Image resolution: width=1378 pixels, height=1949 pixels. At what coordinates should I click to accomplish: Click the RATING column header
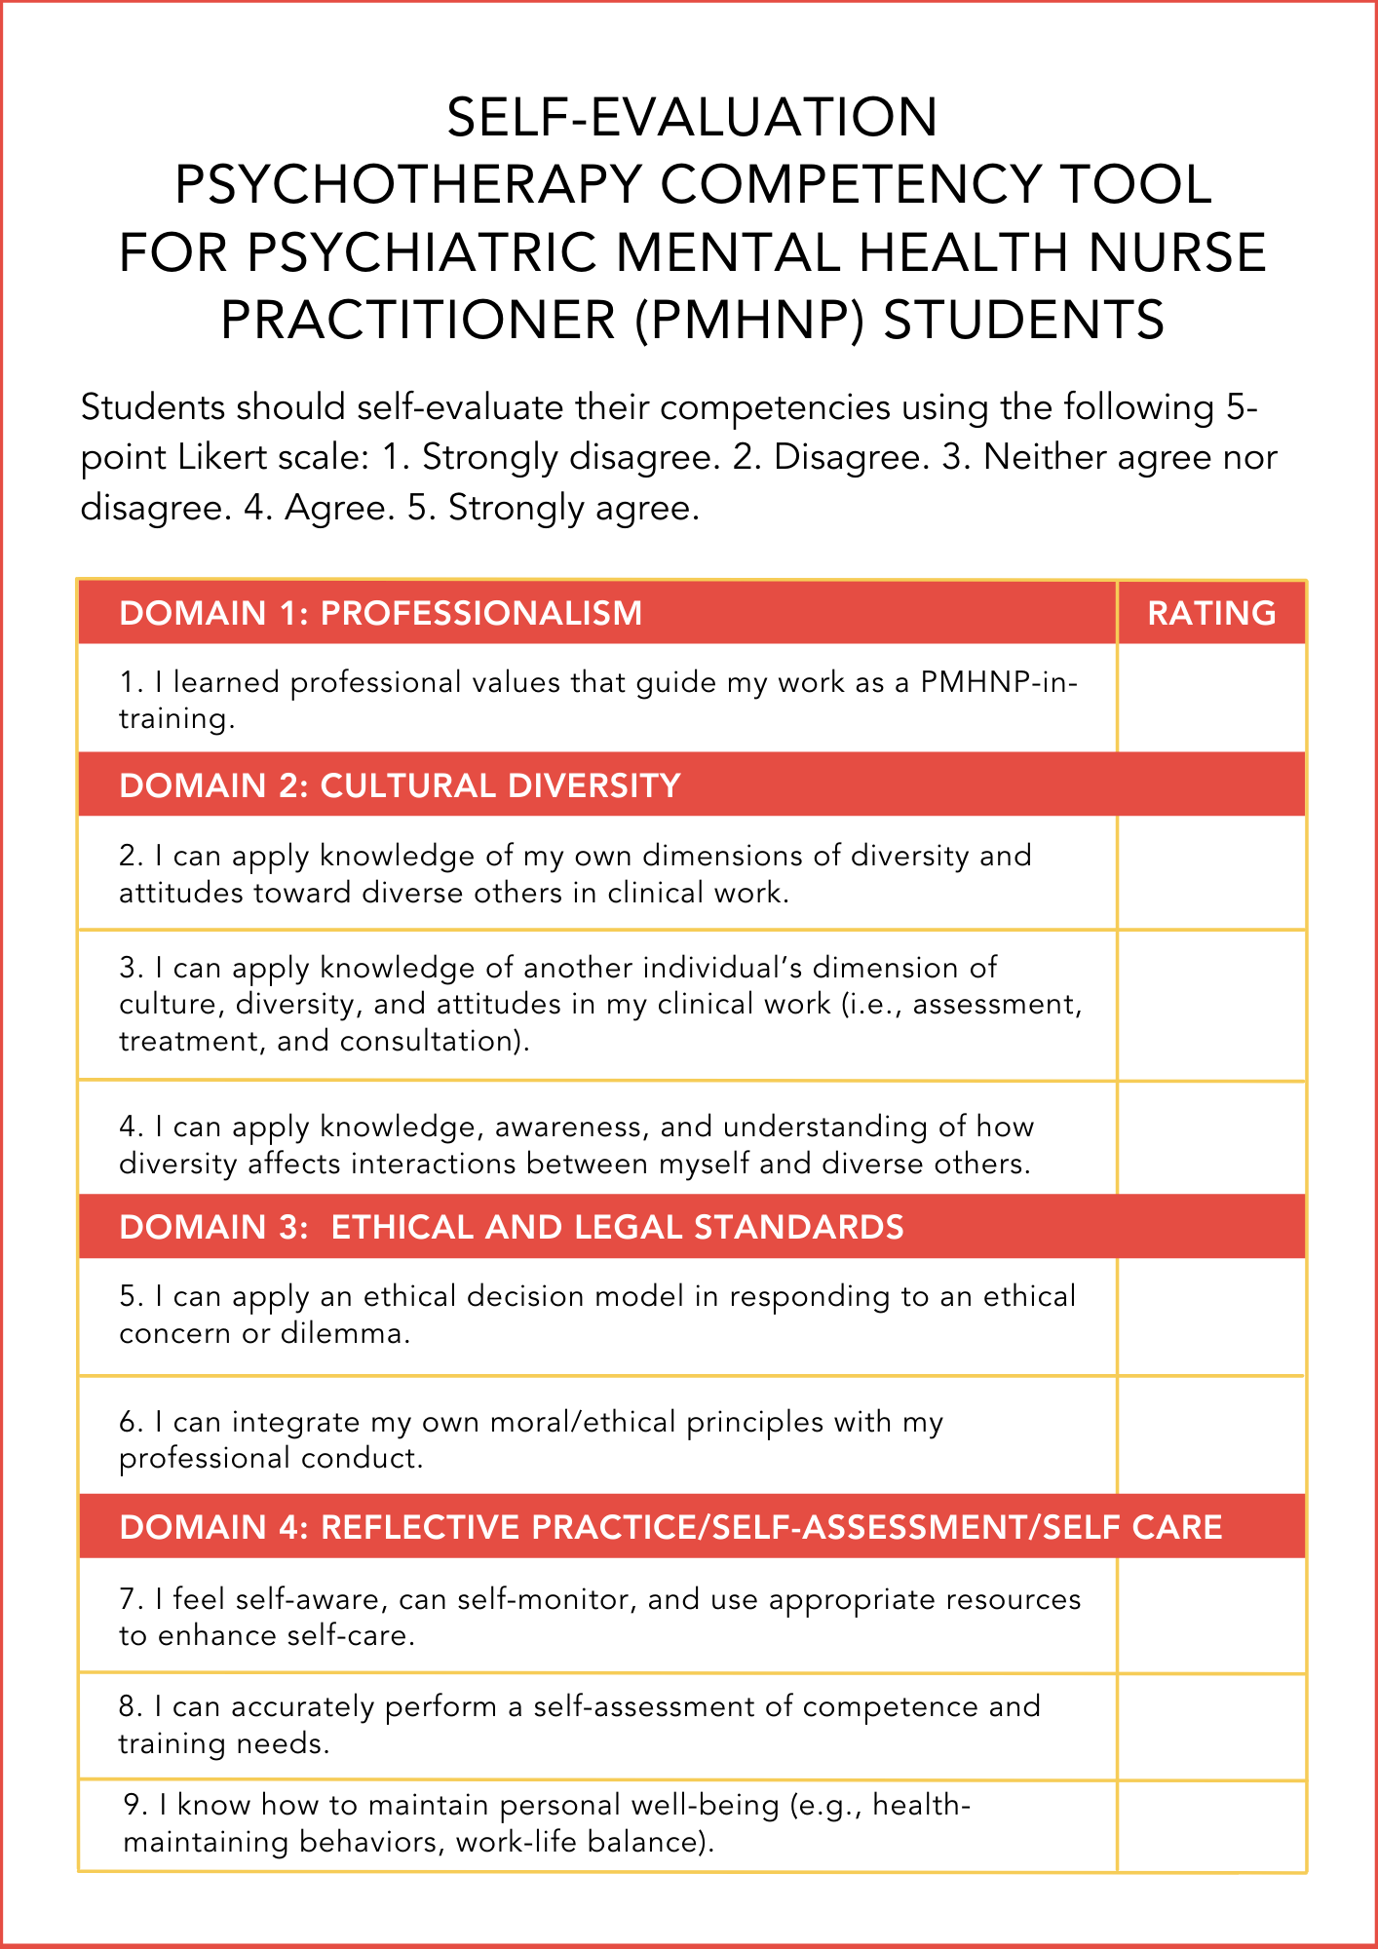(x=1211, y=613)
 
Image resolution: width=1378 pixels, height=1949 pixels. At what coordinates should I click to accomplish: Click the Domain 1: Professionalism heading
(x=380, y=613)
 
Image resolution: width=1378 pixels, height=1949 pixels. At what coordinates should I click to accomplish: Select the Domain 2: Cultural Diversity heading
(x=400, y=785)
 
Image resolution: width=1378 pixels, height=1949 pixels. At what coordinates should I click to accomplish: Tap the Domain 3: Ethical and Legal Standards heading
(x=511, y=1227)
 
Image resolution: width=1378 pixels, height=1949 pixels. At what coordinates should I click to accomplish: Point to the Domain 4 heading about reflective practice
(x=670, y=1527)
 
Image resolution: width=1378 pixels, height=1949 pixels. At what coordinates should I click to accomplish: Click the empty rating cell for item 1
(x=1211, y=698)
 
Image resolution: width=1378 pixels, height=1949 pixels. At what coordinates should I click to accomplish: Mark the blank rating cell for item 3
(x=1211, y=1005)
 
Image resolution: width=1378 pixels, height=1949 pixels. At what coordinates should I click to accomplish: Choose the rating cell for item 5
(x=1211, y=1317)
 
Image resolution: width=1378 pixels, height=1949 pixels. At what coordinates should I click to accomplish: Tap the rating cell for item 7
(x=1211, y=1616)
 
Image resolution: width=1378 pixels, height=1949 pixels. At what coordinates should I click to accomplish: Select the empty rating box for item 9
(x=1211, y=1825)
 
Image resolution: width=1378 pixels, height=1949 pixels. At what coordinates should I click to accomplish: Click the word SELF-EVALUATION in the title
(x=692, y=117)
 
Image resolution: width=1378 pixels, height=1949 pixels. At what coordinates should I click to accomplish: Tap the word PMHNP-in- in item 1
(x=999, y=682)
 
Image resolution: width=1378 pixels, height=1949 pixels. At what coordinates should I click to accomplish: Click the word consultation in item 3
(x=434, y=1042)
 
